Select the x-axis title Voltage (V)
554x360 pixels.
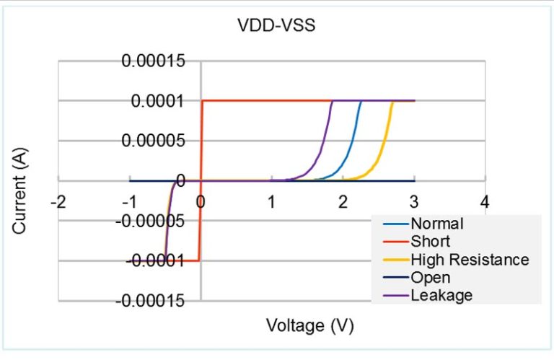(310, 325)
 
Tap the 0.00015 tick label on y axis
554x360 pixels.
(153, 61)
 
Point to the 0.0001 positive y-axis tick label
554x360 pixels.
(157, 101)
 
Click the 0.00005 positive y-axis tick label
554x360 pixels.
(153, 141)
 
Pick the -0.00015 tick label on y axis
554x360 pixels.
(150, 300)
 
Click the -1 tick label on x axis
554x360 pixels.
(129, 201)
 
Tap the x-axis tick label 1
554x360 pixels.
(271, 201)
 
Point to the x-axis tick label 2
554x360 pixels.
(343, 201)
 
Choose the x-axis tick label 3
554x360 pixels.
(413, 201)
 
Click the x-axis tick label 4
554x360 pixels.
(485, 201)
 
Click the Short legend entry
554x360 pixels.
(430, 241)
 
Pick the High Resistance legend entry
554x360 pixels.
(470, 259)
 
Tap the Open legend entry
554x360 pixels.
(430, 277)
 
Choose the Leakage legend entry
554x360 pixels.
(441, 295)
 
